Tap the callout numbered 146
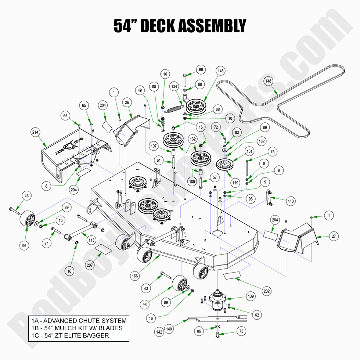pos(220,72)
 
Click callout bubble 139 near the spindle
pos(251,296)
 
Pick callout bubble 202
pos(267,291)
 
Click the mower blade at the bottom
pos(217,319)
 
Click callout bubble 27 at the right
pos(333,236)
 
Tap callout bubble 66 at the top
pos(211,69)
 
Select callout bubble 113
pos(91,240)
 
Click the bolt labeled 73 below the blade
pos(217,334)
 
